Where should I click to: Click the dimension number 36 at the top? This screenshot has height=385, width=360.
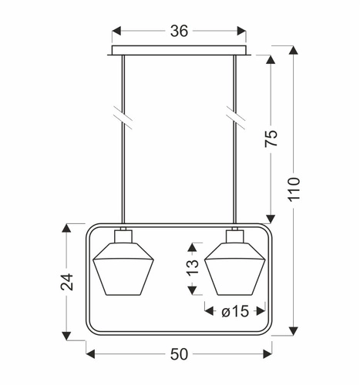click(x=180, y=32)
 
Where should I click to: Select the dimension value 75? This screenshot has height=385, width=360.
click(x=271, y=139)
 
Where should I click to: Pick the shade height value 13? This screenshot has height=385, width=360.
click(x=193, y=266)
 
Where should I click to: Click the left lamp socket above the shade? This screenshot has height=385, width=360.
click(x=123, y=235)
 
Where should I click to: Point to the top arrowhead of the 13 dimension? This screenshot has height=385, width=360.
click(x=193, y=245)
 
